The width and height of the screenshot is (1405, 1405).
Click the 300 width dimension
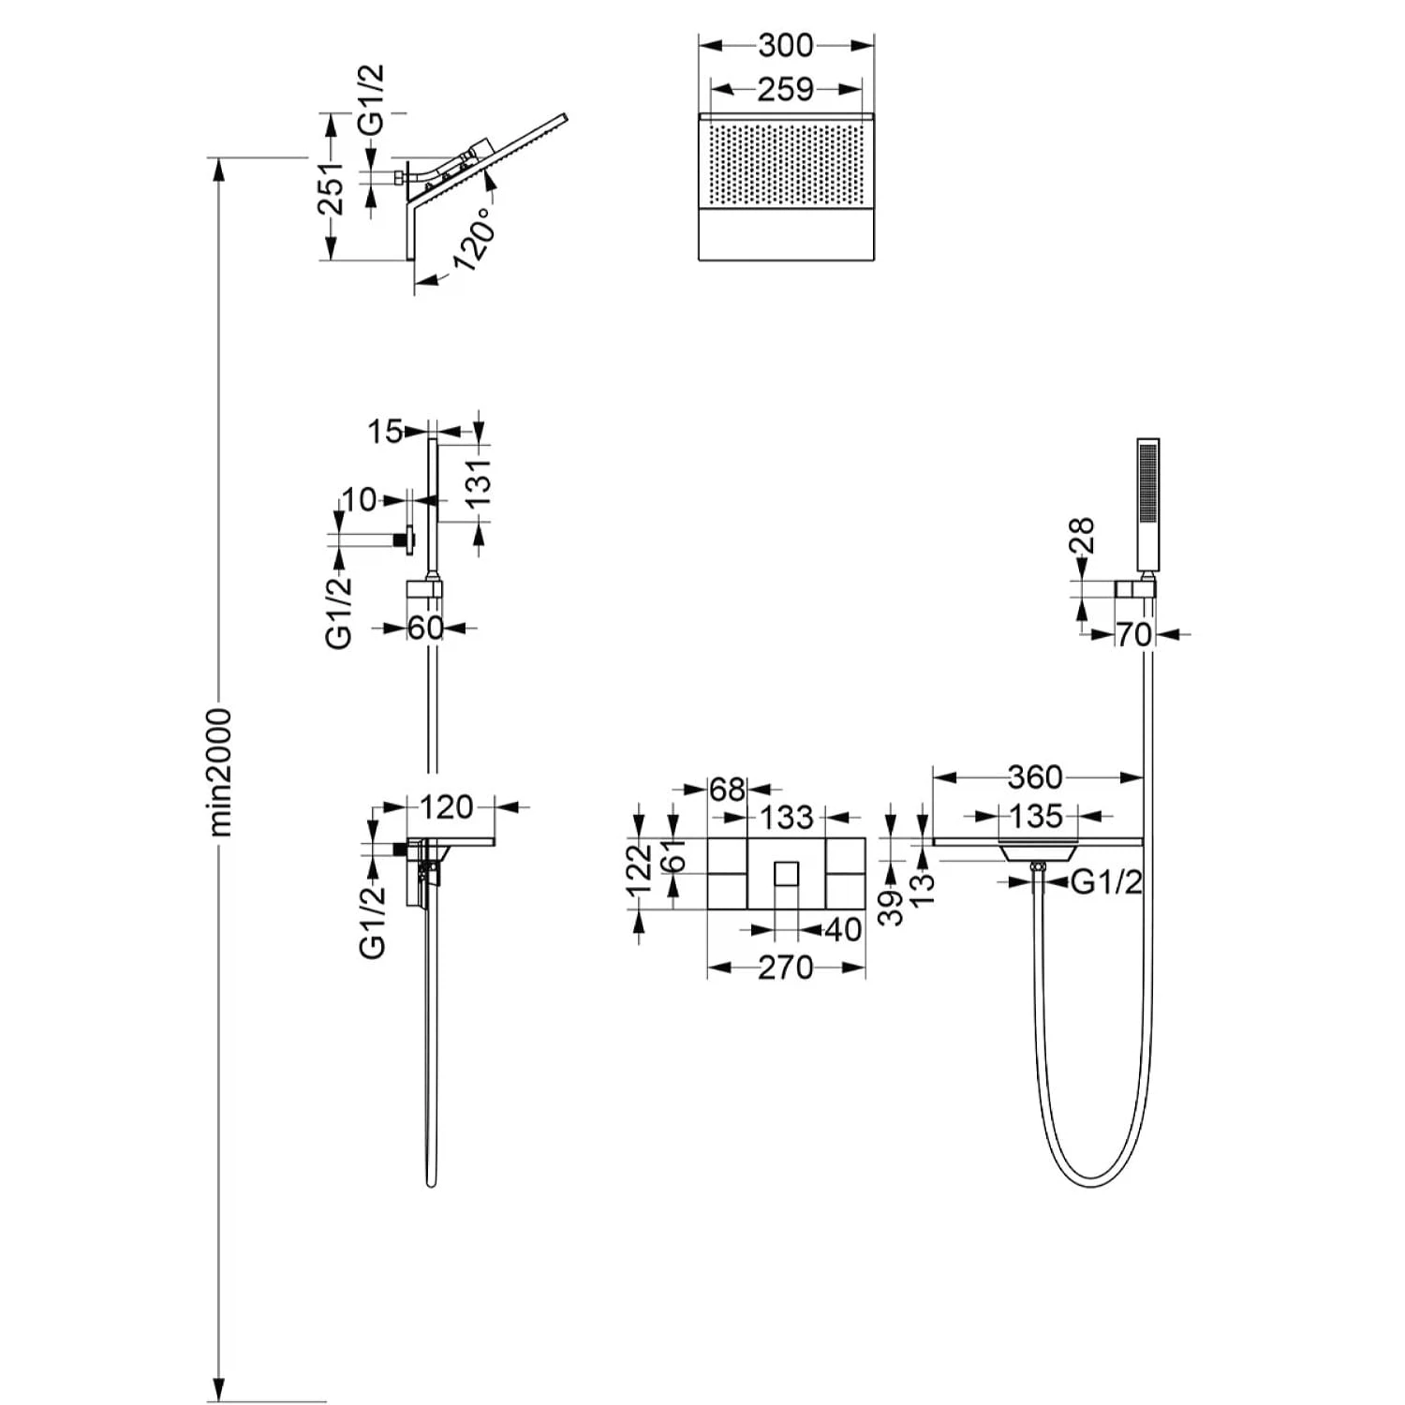tap(786, 45)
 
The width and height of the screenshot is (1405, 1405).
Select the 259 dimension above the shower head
tap(785, 90)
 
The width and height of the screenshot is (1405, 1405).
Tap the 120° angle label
tap(475, 241)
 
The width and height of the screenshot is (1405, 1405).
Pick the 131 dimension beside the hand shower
tap(479, 482)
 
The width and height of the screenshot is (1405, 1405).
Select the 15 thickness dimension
tap(384, 432)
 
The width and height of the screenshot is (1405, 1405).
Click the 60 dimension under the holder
tap(424, 628)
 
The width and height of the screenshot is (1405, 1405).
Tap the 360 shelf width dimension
tap(1035, 776)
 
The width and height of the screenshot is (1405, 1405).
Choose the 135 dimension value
tap(1036, 816)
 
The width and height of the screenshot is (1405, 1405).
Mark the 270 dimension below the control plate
tap(785, 967)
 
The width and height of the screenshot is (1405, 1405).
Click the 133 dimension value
tap(786, 818)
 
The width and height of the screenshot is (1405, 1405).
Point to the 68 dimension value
tap(727, 790)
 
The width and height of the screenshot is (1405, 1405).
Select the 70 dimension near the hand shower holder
tap(1133, 634)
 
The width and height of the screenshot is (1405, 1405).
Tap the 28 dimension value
tap(1082, 536)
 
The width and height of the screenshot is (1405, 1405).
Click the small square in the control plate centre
tap(786, 874)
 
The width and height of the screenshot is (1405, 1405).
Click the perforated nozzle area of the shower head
tap(785, 165)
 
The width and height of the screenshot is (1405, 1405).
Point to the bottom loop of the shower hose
tap(1093, 1183)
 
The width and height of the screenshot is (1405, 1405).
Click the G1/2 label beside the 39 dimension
tap(1106, 881)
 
